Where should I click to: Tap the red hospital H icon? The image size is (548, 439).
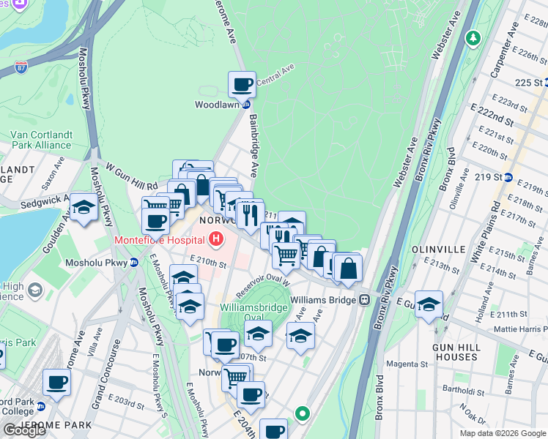[216, 239]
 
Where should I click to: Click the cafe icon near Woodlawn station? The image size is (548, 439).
[242, 84]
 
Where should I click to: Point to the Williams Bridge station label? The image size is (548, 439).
[322, 300]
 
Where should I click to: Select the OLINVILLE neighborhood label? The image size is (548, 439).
[438, 249]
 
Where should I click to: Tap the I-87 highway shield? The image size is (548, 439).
[21, 69]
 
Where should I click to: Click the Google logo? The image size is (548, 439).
[24, 430]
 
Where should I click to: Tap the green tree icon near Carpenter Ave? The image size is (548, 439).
[474, 37]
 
